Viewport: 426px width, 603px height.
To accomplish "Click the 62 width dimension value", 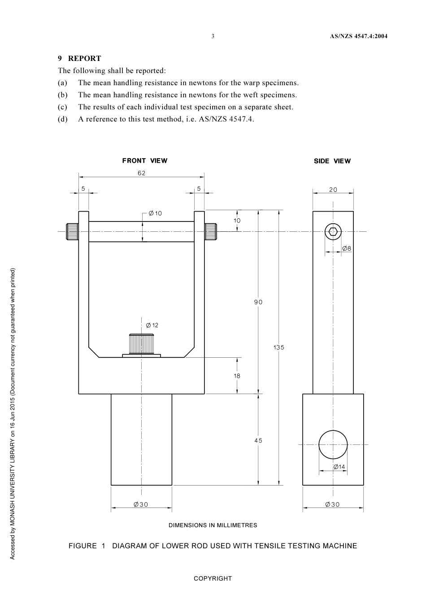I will click(x=142, y=173).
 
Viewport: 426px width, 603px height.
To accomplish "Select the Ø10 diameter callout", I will click(x=155, y=213).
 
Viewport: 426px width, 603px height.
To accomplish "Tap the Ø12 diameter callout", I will click(x=152, y=325).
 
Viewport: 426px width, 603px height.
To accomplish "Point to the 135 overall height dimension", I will click(x=279, y=347).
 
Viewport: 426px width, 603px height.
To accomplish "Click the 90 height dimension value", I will click(x=258, y=302).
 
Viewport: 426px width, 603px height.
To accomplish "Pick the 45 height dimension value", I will click(x=258, y=440).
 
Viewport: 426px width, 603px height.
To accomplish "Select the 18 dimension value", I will click(x=237, y=376).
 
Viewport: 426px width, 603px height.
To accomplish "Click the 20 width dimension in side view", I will click(x=333, y=190).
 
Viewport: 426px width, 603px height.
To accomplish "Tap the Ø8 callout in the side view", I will click(x=347, y=248).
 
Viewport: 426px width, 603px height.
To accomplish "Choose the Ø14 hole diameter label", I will click(x=339, y=467).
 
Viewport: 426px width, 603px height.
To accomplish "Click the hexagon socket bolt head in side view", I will click(x=333, y=231).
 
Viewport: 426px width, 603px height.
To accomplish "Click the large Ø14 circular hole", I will click(x=333, y=444).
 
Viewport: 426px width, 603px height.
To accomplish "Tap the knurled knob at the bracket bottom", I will click(x=142, y=344).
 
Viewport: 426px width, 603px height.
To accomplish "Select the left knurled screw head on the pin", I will click(x=73, y=231).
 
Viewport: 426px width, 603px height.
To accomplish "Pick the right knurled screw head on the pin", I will click(x=210, y=231).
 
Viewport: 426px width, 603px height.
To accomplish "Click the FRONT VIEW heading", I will click(x=145, y=161).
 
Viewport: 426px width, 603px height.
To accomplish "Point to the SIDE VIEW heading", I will click(x=332, y=161).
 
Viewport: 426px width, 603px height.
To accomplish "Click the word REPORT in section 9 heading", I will click(x=85, y=58).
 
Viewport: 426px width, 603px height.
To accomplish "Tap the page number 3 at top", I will click(x=213, y=36).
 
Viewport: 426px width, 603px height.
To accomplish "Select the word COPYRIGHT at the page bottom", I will click(x=213, y=578).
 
